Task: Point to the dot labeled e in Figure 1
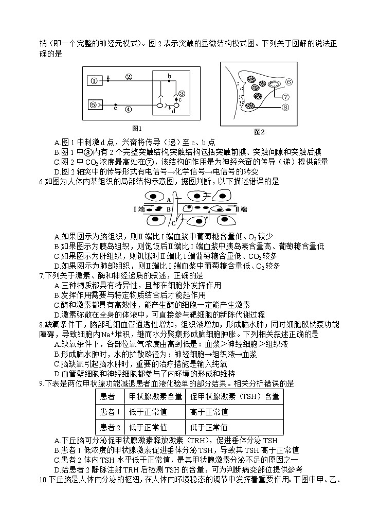pyautogui.click(x=115, y=104)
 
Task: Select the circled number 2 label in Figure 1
pyautogui.click(x=129, y=77)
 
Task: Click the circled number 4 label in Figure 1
pyautogui.click(x=129, y=109)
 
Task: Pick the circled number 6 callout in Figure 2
pyautogui.click(x=288, y=81)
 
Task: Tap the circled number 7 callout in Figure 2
pyautogui.click(x=286, y=96)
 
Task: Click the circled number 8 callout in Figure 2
pyautogui.click(x=286, y=107)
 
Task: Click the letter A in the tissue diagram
pyautogui.click(x=168, y=199)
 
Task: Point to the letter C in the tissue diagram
pyautogui.click(x=174, y=223)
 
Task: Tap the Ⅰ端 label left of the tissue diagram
pyautogui.click(x=139, y=209)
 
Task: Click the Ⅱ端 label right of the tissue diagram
pyautogui.click(x=241, y=209)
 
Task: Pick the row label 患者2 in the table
pyautogui.click(x=110, y=427)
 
